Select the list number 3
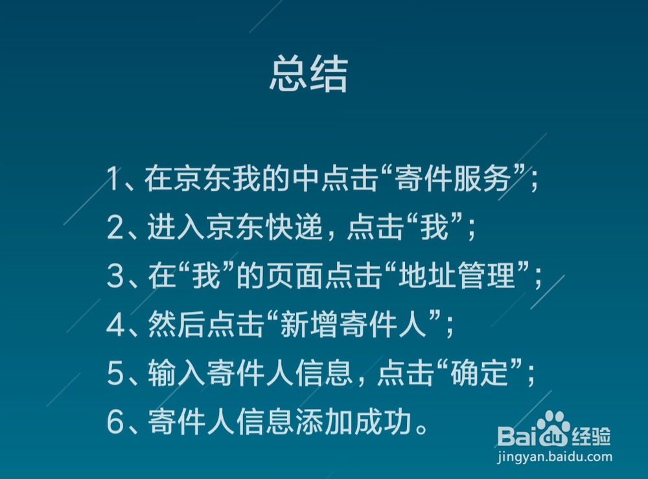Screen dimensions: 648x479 point(115,276)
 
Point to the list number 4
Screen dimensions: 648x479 point(115,324)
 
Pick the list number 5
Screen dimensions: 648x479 point(115,373)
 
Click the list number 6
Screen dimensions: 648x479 point(115,421)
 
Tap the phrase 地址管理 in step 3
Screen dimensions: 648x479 point(457,276)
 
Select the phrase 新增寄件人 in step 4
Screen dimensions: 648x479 point(353,324)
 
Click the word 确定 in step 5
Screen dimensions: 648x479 point(479,373)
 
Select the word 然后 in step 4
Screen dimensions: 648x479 point(176,324)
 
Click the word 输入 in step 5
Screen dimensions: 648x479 point(176,373)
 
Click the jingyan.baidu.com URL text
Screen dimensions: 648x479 point(555,457)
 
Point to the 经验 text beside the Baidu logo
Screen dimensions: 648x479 point(592,436)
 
